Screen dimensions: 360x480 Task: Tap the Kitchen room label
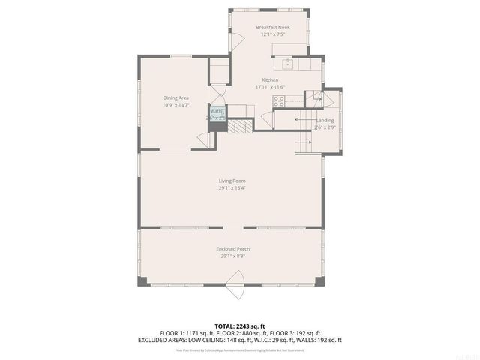(270, 79)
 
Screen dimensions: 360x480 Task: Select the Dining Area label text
(176, 97)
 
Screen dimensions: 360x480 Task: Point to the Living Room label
(232, 181)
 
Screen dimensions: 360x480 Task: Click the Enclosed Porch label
(232, 248)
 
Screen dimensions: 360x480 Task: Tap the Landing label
(325, 120)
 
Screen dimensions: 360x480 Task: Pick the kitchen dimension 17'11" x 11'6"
(270, 87)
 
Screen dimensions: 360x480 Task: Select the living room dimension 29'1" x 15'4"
(232, 188)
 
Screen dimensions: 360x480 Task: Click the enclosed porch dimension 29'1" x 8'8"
(232, 256)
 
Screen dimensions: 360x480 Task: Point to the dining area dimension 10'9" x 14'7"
(176, 105)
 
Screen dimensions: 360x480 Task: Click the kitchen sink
(287, 61)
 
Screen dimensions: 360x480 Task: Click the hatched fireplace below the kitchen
(240, 126)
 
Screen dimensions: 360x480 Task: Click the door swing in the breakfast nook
(235, 42)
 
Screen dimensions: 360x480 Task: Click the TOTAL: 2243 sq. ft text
(240, 325)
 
